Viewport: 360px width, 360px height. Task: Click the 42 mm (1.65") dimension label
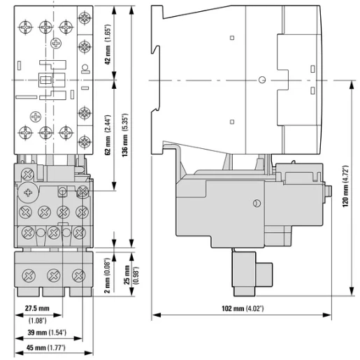[108, 45]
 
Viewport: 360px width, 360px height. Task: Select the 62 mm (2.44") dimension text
[108, 135]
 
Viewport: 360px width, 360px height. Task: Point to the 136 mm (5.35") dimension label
[125, 135]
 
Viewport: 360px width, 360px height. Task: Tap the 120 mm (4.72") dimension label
[345, 187]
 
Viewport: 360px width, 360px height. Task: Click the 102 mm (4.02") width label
[243, 308]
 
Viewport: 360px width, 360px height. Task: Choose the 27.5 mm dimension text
[37, 308]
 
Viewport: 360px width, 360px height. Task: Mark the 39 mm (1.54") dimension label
[47, 332]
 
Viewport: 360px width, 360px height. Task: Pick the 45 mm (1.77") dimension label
[45, 348]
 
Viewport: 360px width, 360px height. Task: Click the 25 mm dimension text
[127, 275]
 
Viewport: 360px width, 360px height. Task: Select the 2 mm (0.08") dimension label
[107, 275]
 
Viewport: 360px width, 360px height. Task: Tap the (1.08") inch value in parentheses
[38, 321]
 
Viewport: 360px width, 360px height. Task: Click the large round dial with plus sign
[28, 193]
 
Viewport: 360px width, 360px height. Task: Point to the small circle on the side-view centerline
[262, 80]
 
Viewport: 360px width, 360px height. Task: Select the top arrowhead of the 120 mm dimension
[352, 85]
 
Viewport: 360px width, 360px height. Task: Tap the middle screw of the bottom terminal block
[54, 275]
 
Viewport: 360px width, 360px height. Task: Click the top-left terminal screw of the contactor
[25, 27]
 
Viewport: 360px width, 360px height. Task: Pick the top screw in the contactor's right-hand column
[85, 17]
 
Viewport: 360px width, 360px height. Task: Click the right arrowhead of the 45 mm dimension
[89, 353]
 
